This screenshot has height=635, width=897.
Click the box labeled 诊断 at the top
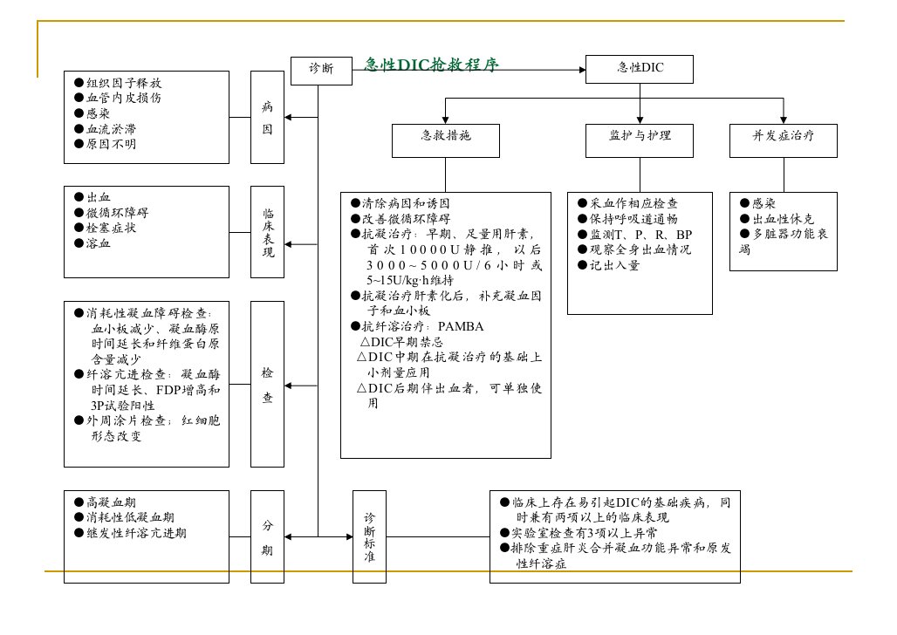coord(321,71)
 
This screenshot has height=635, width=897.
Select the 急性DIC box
coord(639,69)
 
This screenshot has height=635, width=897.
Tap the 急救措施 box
coord(445,140)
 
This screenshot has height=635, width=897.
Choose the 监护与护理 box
coord(639,140)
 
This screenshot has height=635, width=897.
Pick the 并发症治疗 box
coord(784,140)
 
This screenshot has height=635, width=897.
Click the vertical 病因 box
coord(267,117)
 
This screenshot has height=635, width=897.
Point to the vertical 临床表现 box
coord(267,232)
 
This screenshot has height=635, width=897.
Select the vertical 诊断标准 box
coord(369,536)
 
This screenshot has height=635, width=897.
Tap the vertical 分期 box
coord(267,536)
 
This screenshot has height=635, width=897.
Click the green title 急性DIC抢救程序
coord(431,65)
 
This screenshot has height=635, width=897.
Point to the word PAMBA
coord(461,326)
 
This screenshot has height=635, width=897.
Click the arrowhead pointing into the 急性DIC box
coord(582,70)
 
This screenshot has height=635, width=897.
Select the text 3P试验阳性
coord(122,406)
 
